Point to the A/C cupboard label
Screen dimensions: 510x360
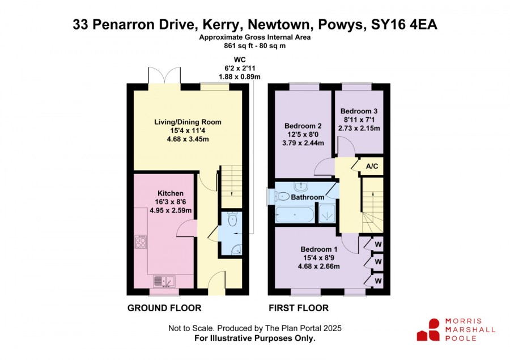tap(372, 166)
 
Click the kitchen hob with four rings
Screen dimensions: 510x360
tap(141, 242)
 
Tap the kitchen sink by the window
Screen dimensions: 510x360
tap(164, 281)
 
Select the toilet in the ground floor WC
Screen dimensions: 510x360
tap(232, 219)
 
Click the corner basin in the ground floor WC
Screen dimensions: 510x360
tap(237, 249)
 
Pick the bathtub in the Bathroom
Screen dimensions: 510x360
tap(295, 215)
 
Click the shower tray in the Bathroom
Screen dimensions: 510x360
tap(327, 214)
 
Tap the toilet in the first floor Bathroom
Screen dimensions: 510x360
tap(282, 196)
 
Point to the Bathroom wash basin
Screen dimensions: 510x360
tap(301, 187)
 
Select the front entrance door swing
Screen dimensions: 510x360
tap(216, 283)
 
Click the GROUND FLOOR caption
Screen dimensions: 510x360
tap(164, 308)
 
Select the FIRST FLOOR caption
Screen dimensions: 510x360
tap(299, 308)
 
